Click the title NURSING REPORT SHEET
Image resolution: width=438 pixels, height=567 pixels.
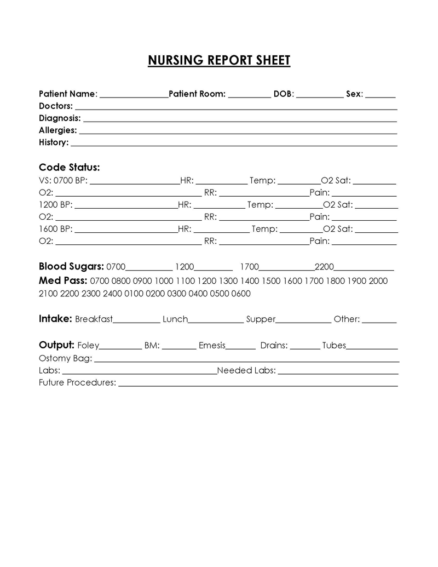click(x=219, y=60)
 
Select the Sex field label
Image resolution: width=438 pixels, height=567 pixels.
click(x=354, y=94)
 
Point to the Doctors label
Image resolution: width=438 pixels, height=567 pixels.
click(x=56, y=106)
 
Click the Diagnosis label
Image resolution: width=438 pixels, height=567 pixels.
click(x=60, y=118)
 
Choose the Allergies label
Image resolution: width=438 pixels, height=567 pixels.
click(x=57, y=130)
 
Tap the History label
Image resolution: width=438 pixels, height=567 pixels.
click(x=54, y=142)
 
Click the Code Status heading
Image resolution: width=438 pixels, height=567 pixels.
click(x=70, y=167)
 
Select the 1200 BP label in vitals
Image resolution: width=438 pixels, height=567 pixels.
click(x=55, y=204)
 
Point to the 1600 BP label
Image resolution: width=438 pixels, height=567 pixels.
click(x=55, y=228)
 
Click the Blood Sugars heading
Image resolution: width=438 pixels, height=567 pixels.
click(x=71, y=267)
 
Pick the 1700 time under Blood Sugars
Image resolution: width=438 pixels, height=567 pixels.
click(x=249, y=267)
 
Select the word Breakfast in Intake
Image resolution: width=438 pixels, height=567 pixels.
click(x=94, y=319)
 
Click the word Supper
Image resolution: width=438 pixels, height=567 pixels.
click(x=261, y=319)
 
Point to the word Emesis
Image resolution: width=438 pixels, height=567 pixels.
click(x=212, y=345)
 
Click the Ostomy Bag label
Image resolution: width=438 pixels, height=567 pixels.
click(x=65, y=358)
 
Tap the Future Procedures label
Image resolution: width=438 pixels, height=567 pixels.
click(x=77, y=382)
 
